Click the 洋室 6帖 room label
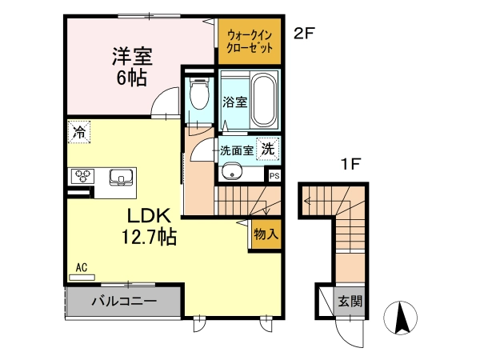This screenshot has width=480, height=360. (132, 66)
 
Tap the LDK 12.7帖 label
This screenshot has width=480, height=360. (149, 226)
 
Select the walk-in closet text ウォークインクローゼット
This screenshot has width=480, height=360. (250, 42)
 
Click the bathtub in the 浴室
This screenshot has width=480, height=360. (264, 99)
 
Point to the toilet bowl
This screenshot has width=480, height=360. (199, 94)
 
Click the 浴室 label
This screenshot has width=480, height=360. (234, 102)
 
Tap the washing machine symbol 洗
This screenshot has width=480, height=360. (268, 149)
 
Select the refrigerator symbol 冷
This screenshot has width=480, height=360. (79, 132)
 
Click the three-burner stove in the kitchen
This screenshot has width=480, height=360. (83, 176)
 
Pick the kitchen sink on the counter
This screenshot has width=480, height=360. (121, 178)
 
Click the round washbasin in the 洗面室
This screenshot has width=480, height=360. (232, 174)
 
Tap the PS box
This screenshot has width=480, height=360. (274, 176)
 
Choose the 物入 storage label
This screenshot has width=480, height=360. (266, 234)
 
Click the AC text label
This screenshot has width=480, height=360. (82, 267)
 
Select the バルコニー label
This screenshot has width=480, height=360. (124, 302)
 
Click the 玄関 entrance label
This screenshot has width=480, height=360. (350, 302)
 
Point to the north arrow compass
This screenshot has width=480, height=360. (401, 317)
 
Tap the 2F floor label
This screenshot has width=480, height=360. (304, 34)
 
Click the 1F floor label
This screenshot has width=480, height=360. (350, 164)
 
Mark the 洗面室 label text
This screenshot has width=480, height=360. (237, 150)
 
